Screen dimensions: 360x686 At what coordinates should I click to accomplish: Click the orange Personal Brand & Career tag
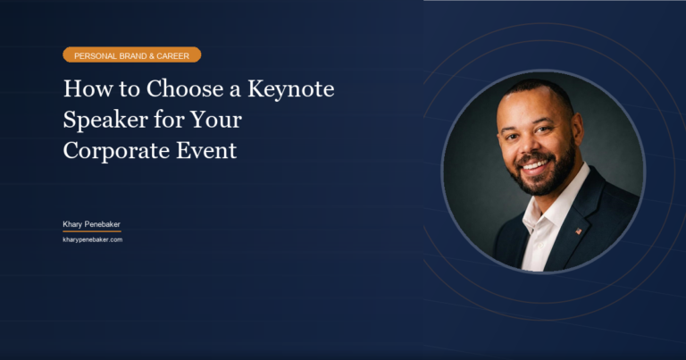[131, 54]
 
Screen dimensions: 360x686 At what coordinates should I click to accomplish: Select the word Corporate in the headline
[113, 150]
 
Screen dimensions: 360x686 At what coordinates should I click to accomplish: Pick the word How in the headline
[83, 90]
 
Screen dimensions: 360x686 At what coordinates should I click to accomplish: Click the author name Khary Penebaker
[91, 223]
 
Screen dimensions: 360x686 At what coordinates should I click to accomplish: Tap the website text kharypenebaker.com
[92, 239]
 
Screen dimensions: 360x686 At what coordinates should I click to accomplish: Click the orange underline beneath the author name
[91, 231]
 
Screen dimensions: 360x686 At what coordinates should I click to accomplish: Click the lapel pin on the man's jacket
[579, 230]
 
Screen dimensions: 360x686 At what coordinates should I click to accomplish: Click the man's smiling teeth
[536, 165]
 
